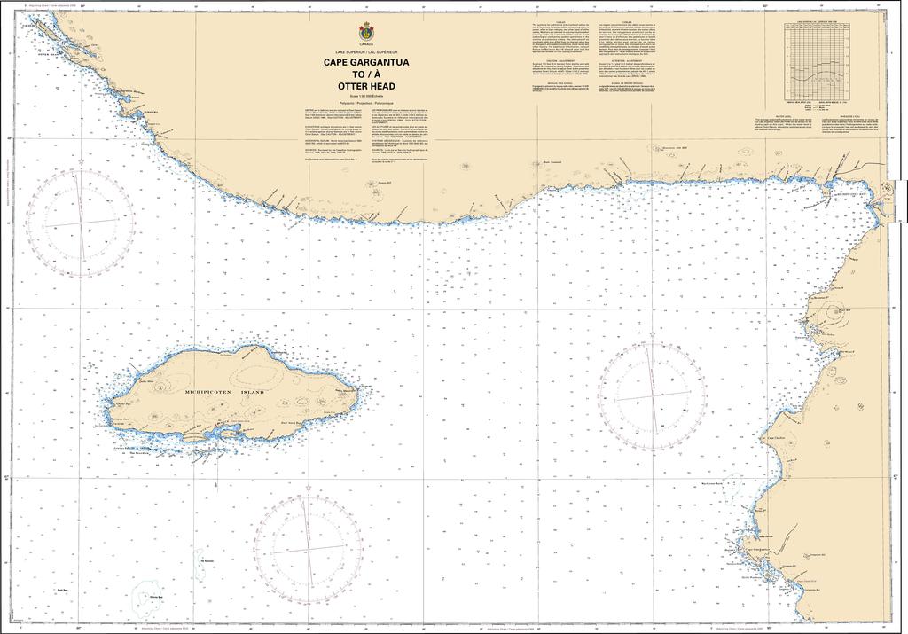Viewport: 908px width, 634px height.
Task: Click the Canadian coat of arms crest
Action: [366, 32]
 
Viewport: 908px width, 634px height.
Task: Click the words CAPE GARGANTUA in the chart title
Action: [366, 63]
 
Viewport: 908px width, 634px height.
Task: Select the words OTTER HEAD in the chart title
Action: [366, 86]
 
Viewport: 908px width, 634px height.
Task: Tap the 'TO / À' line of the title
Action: [366, 74]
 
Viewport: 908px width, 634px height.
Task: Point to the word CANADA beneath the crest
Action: [366, 43]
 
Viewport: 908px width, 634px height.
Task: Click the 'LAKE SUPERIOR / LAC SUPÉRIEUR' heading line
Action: [366, 52]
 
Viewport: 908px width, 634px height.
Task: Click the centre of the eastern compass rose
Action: [653, 395]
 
